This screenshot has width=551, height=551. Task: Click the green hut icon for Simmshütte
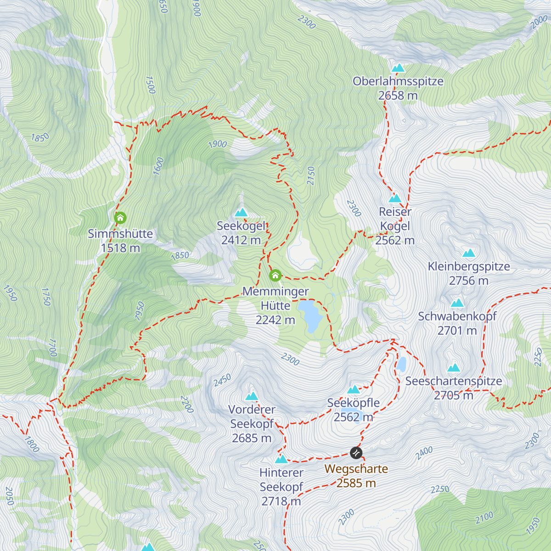coord(120,218)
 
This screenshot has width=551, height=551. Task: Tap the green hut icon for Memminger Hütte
coord(275,275)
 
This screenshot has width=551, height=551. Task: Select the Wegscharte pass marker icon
coord(356,453)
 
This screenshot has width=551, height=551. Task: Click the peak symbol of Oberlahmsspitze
coord(398,68)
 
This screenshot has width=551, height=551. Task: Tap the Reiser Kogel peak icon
coord(395,198)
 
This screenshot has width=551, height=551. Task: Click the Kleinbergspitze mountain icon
coord(469,253)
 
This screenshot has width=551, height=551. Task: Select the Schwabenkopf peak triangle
coord(457,303)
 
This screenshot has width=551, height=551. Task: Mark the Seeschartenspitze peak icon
coord(454,368)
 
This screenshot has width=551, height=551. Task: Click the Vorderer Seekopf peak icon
coord(252,396)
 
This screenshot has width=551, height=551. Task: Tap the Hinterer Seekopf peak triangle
coord(281,459)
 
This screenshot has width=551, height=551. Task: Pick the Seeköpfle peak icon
coord(353,390)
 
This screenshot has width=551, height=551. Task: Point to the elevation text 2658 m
coord(398,96)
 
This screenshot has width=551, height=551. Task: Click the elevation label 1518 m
coord(120,248)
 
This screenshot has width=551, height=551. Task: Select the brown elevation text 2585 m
coord(356,483)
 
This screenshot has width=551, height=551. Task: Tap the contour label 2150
coord(311,176)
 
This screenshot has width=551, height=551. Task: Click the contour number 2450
coord(222,380)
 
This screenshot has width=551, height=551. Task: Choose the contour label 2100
coord(484,517)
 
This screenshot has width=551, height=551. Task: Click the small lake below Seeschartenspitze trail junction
coord(402,365)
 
